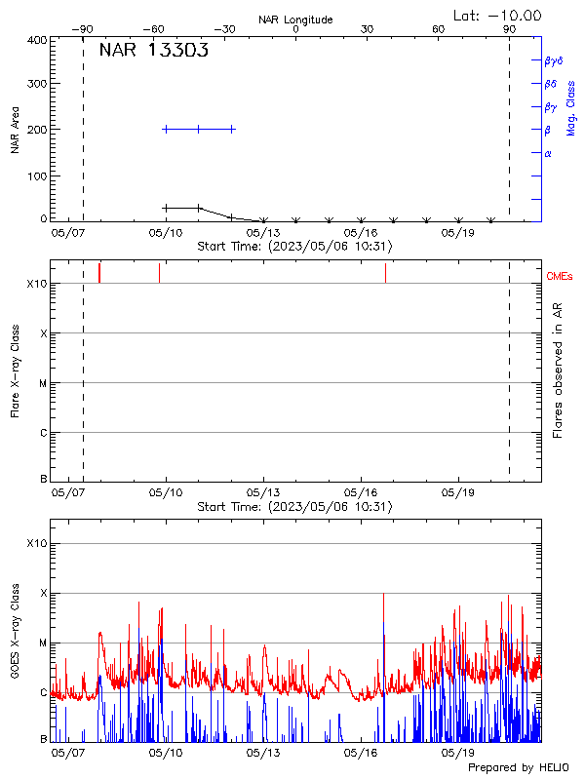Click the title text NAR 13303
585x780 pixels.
point(153,52)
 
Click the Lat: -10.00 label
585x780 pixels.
point(499,15)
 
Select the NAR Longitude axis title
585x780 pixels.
point(295,19)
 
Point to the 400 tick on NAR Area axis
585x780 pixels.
point(37,40)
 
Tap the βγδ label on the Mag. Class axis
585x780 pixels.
point(554,60)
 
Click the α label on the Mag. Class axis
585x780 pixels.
point(548,153)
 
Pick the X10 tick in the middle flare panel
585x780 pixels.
point(36,284)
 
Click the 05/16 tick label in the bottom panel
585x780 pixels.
point(362,753)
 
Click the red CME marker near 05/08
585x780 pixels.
point(99,273)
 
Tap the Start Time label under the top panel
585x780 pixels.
point(294,246)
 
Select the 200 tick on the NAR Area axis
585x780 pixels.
point(37,129)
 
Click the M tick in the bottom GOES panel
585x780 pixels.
point(42,643)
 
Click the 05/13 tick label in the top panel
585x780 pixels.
point(264,233)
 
